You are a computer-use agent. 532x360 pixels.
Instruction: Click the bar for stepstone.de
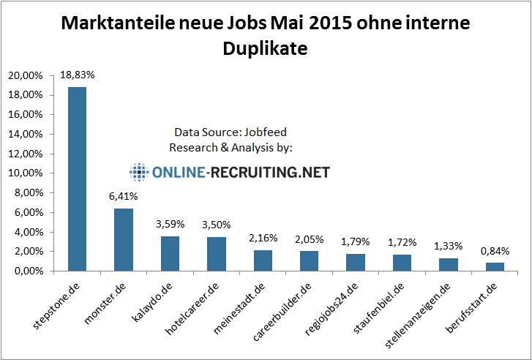point(77,179)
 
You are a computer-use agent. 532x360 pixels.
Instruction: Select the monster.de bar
point(124,240)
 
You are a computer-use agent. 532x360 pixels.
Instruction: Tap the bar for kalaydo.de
point(170,253)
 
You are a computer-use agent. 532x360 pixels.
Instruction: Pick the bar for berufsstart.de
point(496,267)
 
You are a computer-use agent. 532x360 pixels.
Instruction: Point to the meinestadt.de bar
point(263,260)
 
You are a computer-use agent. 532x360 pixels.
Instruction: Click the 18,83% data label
point(77,75)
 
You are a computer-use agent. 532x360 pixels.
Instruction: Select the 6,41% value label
point(124,197)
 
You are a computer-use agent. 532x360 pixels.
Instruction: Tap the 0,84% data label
point(496,251)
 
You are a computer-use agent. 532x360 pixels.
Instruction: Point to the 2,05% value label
point(310,239)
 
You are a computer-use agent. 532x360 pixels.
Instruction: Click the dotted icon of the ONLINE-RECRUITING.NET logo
point(138,173)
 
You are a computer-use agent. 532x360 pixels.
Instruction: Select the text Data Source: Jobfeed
point(231,133)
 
